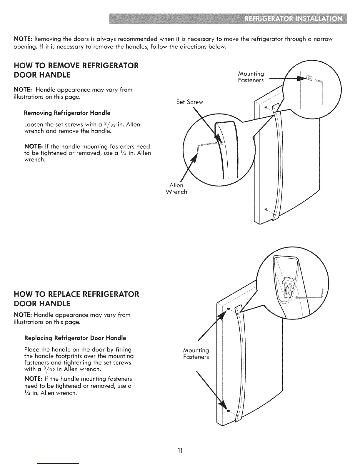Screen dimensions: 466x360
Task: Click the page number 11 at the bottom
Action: pos(180,450)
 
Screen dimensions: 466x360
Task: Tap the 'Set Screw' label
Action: pos(189,102)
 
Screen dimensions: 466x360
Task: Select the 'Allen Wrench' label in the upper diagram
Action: pos(176,189)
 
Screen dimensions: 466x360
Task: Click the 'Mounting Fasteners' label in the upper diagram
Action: pos(251,77)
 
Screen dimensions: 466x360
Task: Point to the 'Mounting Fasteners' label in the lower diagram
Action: pos(196,353)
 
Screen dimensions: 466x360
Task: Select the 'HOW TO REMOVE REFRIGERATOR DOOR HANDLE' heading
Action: pos(76,70)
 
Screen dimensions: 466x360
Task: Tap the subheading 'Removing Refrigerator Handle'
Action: pos(67,113)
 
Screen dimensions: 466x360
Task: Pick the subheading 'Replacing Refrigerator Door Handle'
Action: pos(75,338)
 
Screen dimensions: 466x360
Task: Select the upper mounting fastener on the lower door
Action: pos(228,309)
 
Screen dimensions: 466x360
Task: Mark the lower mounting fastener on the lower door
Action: pos(229,410)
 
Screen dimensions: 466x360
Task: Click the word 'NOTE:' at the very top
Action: pos(23,39)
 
